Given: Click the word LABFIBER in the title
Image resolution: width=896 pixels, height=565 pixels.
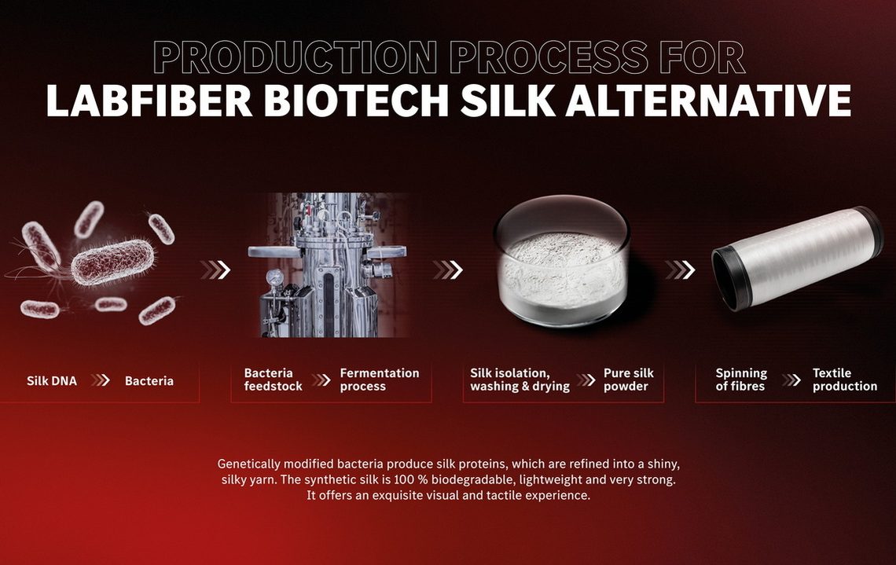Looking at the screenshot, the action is coord(149,101).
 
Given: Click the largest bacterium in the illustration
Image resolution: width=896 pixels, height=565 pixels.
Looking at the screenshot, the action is coord(112,262).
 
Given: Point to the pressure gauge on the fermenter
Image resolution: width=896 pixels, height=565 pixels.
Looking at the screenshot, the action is coord(275,277).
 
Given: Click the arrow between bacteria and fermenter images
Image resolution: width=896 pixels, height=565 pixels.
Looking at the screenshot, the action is coord(215,270).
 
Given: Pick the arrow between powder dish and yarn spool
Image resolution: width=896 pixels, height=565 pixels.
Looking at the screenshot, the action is coord(680,270).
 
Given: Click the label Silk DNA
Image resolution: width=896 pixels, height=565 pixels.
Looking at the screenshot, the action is coord(51,381).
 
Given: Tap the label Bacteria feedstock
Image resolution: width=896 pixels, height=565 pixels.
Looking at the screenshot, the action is coord(274,380).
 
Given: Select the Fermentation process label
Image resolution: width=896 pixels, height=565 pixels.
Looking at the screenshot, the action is coord(380,380).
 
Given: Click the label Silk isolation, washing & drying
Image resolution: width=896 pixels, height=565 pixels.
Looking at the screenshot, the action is coord(520,380).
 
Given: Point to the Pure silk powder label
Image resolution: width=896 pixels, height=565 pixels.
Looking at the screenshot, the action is coord(629,380).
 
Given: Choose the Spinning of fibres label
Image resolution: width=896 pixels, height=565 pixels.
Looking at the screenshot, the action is coord(741,380).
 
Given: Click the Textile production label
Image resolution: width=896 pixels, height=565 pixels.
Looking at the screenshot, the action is coord(845,380).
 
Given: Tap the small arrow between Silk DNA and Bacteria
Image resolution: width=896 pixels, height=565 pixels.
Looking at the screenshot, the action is coord(101,380).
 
